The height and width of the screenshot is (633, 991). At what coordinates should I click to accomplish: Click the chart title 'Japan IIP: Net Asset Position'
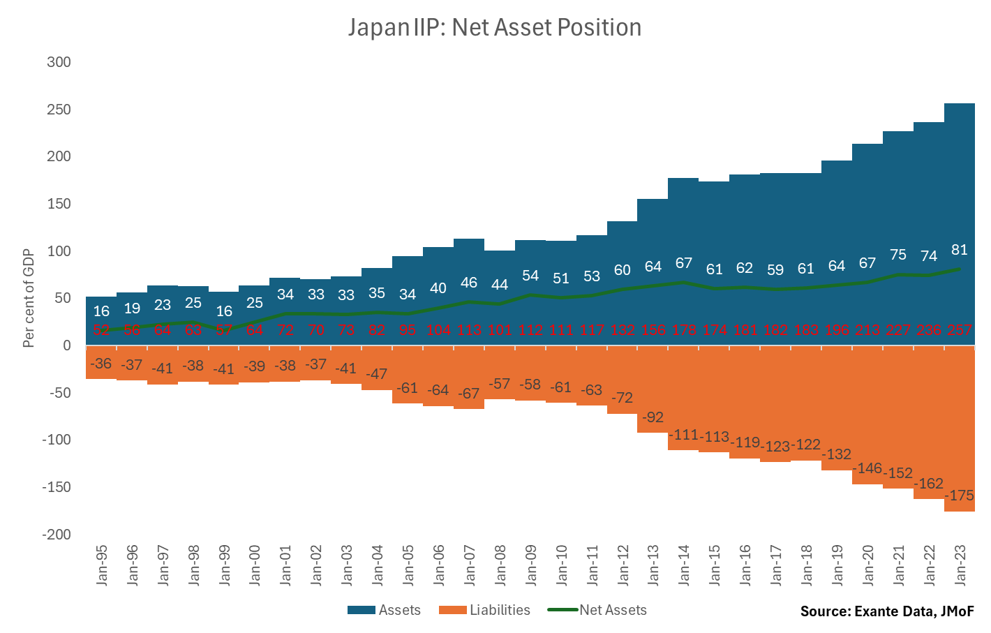[x=495, y=28]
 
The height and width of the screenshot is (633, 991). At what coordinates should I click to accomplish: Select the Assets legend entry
[x=385, y=610]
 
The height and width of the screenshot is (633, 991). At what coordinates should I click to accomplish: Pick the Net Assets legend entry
[x=598, y=610]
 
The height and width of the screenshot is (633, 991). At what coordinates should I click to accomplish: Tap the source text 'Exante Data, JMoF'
[x=886, y=611]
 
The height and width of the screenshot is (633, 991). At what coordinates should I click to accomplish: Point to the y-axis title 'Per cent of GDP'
[x=29, y=298]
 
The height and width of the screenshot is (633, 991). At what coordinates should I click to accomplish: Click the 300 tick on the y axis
[x=59, y=62]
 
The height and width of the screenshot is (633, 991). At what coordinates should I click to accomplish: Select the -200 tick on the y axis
[x=56, y=535]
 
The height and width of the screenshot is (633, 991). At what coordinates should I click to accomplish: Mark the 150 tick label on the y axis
[x=59, y=204]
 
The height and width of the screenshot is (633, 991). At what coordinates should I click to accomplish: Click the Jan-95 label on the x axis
[x=102, y=565]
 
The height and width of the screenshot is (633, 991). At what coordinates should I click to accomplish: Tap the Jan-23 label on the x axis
[x=960, y=565]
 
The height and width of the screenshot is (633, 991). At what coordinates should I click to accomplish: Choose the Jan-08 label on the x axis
[x=500, y=565]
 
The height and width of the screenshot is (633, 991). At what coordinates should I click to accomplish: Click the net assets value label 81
[x=960, y=250]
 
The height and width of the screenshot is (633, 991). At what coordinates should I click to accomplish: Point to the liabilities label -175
[x=960, y=496]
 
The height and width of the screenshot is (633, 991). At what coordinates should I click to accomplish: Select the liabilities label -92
[x=653, y=417]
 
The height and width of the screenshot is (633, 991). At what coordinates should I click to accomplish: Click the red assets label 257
[x=960, y=330]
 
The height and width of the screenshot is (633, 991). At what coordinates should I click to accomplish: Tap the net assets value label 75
[x=898, y=255]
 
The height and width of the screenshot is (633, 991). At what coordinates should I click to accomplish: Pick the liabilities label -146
[x=867, y=468]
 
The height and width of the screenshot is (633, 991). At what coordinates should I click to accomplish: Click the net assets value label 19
[x=132, y=308]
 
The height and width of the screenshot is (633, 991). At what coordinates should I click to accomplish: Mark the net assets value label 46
[x=469, y=283]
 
